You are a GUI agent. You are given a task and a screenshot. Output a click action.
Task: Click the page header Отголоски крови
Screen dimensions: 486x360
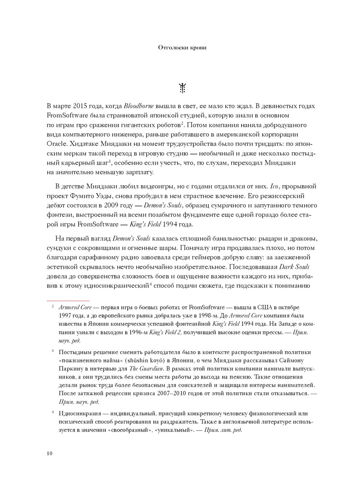tap(183, 48)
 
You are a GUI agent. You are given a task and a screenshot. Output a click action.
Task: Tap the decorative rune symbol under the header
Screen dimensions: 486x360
tap(183, 88)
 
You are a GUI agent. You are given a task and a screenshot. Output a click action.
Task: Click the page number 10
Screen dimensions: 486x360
tap(50, 453)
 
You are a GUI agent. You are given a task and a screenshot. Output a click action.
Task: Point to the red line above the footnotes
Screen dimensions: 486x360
tap(68, 300)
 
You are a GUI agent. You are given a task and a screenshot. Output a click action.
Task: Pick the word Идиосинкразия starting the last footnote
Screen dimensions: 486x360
tap(77, 414)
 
